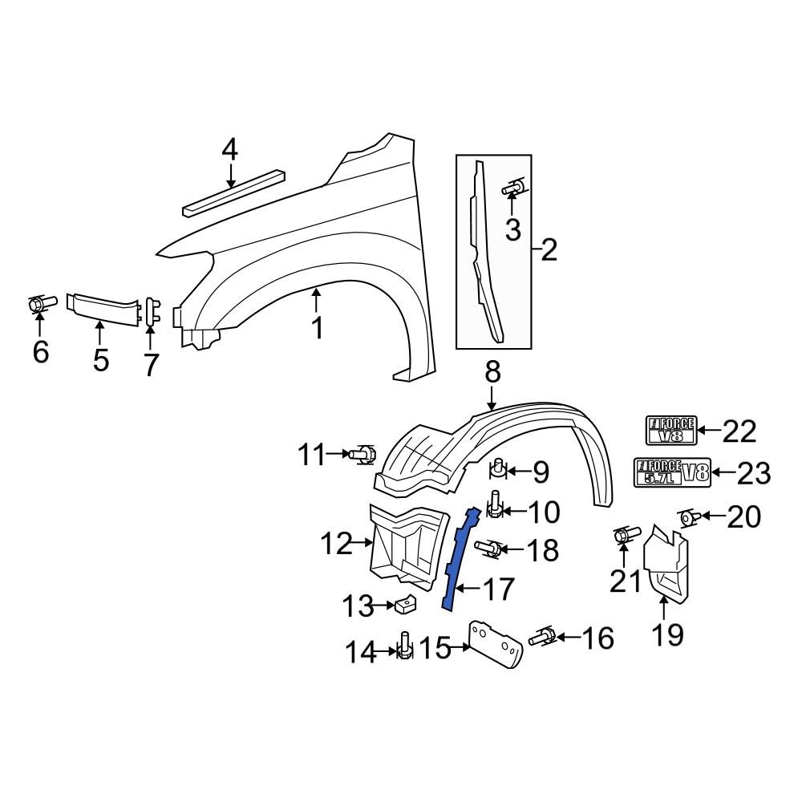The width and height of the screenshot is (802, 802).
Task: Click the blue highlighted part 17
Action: tap(460, 561)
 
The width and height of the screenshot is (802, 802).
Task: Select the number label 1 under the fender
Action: tap(318, 328)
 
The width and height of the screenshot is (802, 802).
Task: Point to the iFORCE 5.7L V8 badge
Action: tap(672, 472)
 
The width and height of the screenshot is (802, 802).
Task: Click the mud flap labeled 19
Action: tap(666, 566)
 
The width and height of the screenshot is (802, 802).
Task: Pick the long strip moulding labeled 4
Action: tap(234, 192)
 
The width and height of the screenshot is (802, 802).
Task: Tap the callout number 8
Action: tap(492, 372)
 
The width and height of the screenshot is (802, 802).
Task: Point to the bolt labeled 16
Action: tap(543, 638)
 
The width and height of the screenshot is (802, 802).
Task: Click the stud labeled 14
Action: tap(405, 646)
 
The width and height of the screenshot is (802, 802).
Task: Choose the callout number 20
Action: tap(743, 518)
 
